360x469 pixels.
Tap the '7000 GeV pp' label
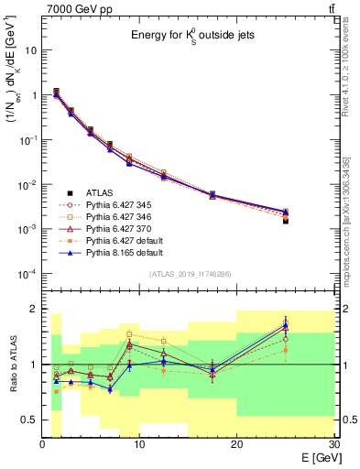click(72, 8)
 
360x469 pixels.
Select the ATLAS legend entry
click(98, 192)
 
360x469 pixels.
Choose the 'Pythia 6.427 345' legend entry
click(115, 205)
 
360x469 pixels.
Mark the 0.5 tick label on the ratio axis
click(28, 420)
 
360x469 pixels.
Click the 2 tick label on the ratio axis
click(34, 310)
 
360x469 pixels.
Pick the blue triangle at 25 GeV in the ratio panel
click(285, 326)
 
